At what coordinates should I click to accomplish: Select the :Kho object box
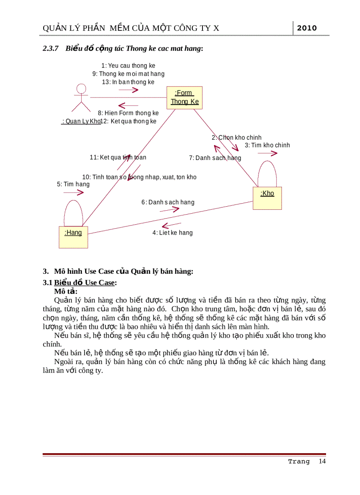(x=267, y=198)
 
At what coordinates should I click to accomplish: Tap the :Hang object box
(x=73, y=237)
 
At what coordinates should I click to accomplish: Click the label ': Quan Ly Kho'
(x=81, y=121)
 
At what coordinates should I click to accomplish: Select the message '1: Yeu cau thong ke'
(x=128, y=66)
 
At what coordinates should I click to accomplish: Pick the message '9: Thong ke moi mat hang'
(x=128, y=74)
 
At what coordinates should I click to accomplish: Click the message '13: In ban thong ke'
(x=128, y=82)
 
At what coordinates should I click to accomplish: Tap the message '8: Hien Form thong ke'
(x=128, y=113)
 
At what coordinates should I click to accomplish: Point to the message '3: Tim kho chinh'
(x=267, y=145)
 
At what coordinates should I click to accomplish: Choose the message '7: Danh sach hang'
(x=215, y=158)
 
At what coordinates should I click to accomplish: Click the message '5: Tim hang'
(x=73, y=184)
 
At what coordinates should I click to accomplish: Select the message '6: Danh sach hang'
(x=168, y=202)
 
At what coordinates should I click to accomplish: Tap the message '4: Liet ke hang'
(x=172, y=232)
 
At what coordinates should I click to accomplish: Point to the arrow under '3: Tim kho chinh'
(x=267, y=153)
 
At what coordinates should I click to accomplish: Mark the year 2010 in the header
(x=307, y=28)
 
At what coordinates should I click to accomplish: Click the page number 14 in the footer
(x=322, y=461)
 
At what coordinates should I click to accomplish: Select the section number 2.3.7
(x=51, y=48)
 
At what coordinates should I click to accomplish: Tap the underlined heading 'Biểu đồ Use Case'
(x=84, y=283)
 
